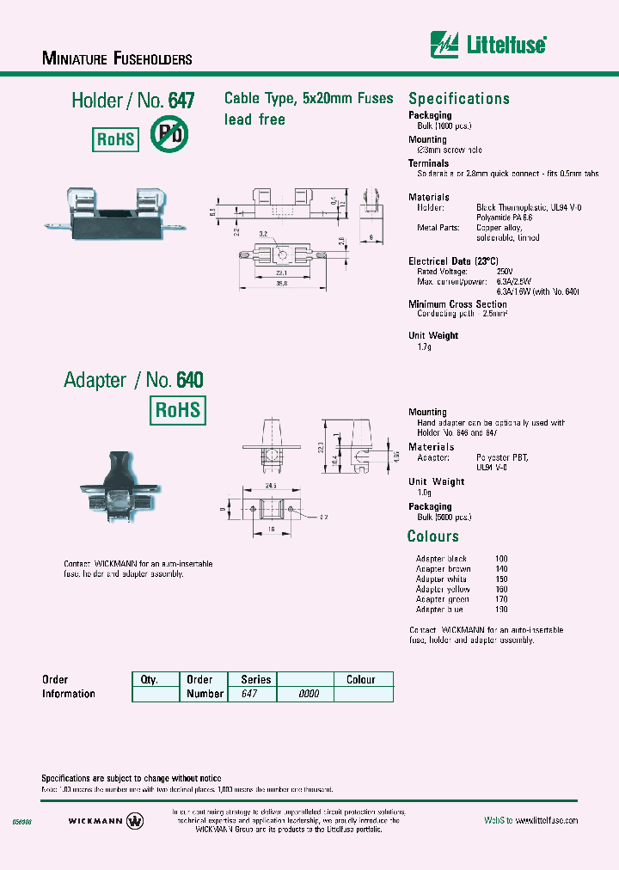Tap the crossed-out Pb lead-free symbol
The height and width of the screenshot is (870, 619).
[169, 134]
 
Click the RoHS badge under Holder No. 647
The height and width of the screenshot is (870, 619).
[115, 138]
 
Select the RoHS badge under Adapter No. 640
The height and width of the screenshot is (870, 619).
[178, 410]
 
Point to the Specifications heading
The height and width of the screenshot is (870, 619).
[458, 99]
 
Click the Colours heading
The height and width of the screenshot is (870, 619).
[433, 536]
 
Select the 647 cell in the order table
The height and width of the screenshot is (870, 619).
[249, 694]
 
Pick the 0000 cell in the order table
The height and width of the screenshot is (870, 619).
[308, 694]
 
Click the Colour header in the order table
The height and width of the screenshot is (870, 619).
[360, 679]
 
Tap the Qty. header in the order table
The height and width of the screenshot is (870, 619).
[150, 679]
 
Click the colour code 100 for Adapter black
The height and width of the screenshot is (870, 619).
[502, 559]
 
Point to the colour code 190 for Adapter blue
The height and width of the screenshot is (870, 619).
[502, 610]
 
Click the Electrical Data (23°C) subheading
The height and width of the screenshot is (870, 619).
[453, 260]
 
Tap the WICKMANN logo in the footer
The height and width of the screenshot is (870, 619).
[105, 821]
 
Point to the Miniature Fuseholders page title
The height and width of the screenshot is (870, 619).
[117, 59]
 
